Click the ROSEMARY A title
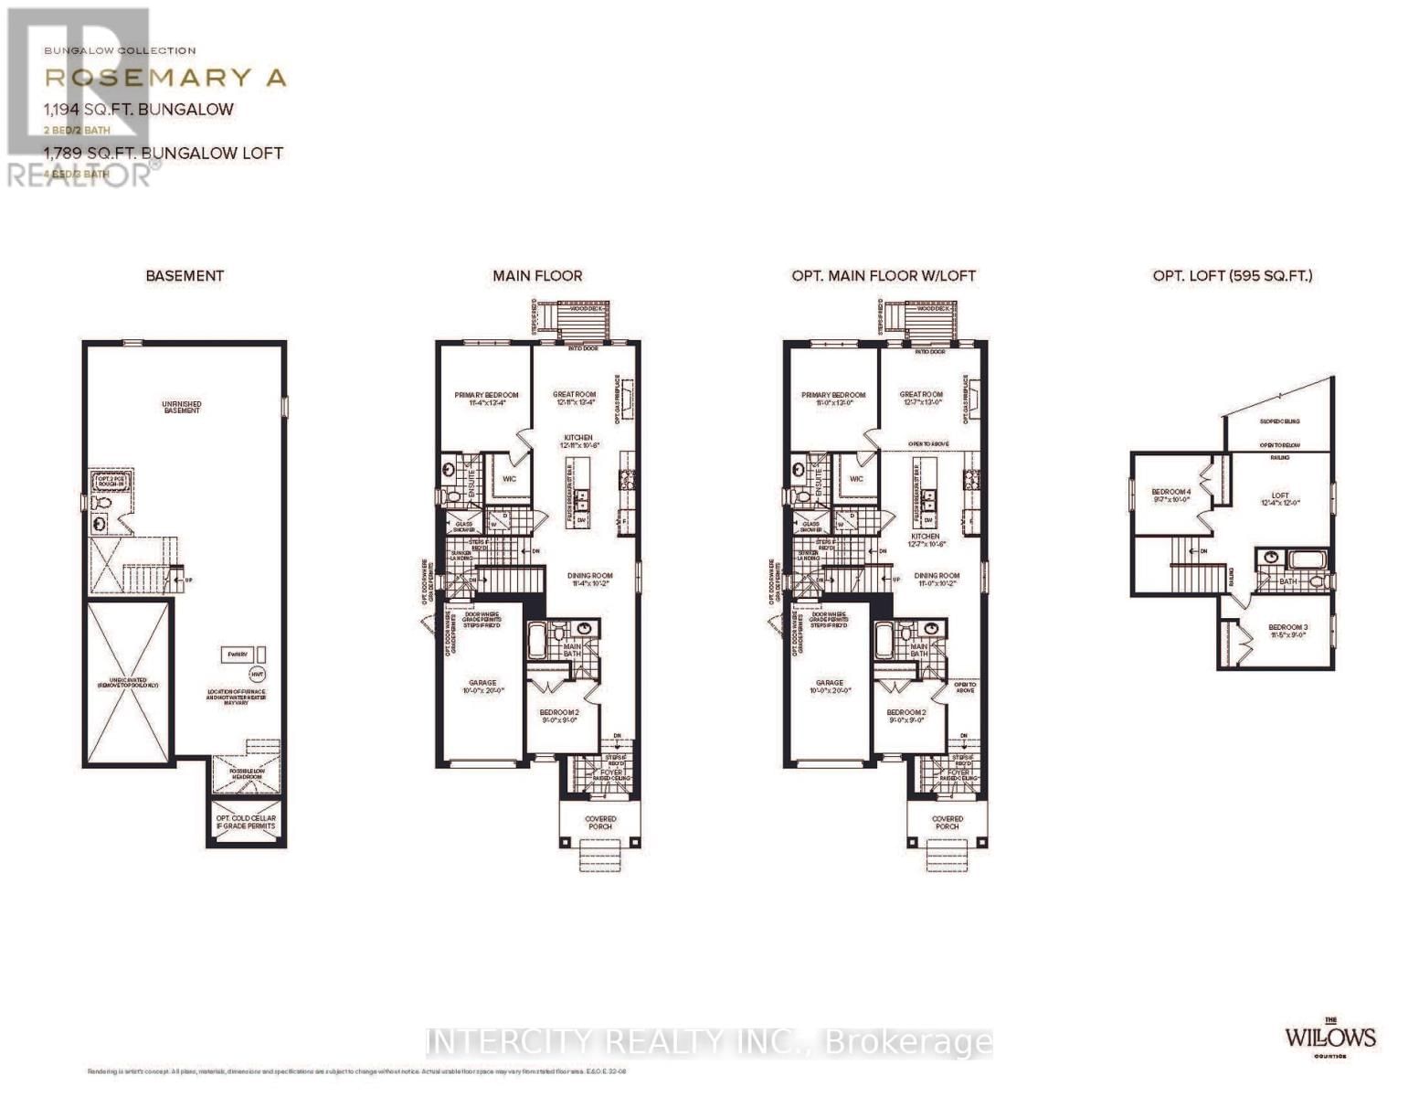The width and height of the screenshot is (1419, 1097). pos(165,78)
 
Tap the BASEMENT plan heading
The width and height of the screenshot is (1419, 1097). pos(185,275)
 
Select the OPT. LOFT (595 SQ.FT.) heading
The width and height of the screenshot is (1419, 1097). pos(1232,275)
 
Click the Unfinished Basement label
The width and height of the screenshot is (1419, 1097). pos(182,407)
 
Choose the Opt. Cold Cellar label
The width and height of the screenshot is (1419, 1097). pos(246,822)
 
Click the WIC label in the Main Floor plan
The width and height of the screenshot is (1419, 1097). pos(509,478)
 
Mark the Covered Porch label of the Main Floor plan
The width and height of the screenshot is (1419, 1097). pos(600,823)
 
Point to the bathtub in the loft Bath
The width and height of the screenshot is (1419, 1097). pos(1298,558)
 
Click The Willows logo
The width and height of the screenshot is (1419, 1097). pos(1329,1036)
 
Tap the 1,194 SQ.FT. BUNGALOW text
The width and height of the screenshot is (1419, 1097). pos(138,110)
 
